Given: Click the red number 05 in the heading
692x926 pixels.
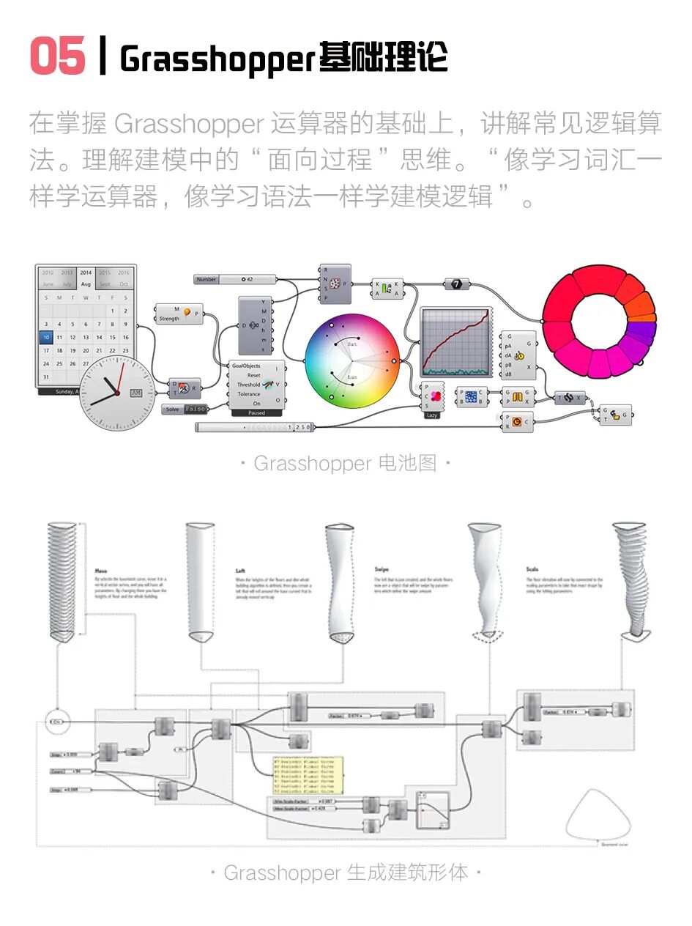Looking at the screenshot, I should pos(57,56).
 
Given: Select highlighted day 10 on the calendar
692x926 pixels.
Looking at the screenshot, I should pos(46,338).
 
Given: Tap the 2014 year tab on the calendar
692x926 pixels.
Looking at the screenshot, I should pos(86,273).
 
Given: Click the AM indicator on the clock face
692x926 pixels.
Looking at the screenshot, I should pos(135,393).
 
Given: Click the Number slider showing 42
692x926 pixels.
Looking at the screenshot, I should pos(235,279).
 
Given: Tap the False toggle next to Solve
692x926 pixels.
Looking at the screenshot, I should pos(196,410).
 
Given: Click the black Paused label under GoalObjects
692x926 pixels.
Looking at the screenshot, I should pos(256,413).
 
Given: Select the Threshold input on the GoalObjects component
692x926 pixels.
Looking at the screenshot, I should pos(248,385).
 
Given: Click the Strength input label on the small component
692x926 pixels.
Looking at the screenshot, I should pos(169,319).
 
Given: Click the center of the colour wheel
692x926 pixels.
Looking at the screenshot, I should pos(352,360).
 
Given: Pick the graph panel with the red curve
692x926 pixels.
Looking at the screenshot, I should pos(454,342).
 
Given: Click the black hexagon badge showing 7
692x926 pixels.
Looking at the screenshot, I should pos(456,284).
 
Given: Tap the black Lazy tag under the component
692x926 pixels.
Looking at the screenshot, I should pos(432,415).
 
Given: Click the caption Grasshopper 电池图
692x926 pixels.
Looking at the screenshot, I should pos(345,463).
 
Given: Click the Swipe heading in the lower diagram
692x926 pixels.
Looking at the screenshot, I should pos(382,569).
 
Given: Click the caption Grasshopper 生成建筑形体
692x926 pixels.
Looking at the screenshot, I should pos(345,873).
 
